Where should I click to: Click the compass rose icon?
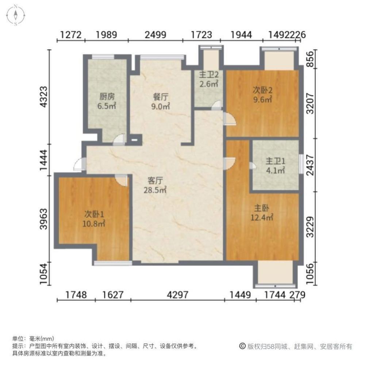click(15, 15)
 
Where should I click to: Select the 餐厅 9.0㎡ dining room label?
click(161, 101)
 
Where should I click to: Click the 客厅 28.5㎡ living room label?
click(155, 185)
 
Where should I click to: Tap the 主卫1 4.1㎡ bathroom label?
click(275, 165)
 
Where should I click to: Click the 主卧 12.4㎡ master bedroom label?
click(262, 212)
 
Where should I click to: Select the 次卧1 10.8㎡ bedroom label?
click(94, 219)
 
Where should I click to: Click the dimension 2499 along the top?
click(155, 35)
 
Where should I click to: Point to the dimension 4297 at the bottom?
click(178, 295)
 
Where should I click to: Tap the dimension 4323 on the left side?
click(44, 97)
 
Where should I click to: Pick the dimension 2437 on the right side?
click(310, 165)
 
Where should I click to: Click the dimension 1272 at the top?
click(71, 35)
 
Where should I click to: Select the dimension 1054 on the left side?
click(44, 273)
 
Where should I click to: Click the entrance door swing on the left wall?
click(79, 164)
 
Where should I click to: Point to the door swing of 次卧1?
click(121, 180)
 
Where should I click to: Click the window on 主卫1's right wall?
click(301, 164)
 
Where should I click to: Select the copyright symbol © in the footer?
click(242, 346)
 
